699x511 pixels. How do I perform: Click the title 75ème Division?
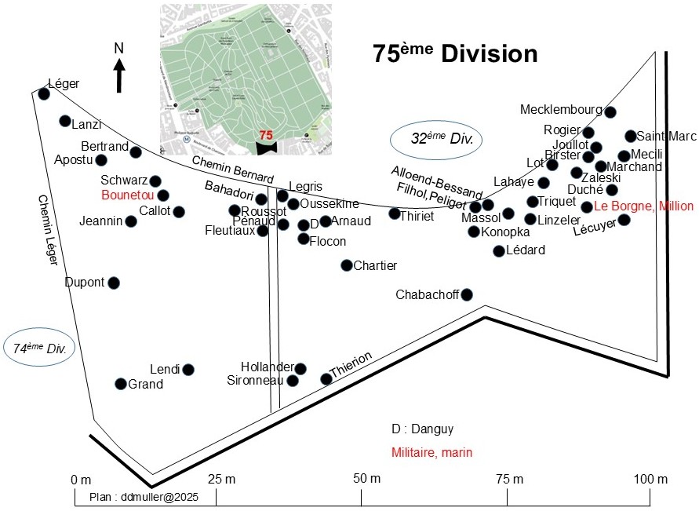[455, 54]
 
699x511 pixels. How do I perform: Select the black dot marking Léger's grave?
[44, 94]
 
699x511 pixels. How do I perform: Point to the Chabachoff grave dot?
[467, 294]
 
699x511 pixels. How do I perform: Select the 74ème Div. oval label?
[38, 348]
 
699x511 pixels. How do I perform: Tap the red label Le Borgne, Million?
[643, 206]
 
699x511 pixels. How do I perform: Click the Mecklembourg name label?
[561, 109]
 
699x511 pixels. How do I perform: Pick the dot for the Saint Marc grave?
[630, 136]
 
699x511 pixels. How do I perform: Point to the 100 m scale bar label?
[651, 480]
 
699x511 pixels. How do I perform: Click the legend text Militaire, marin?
[431, 453]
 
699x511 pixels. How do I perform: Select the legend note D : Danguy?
[422, 429]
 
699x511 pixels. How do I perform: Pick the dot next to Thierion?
[326, 379]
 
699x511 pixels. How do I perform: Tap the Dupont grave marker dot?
[114, 283]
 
